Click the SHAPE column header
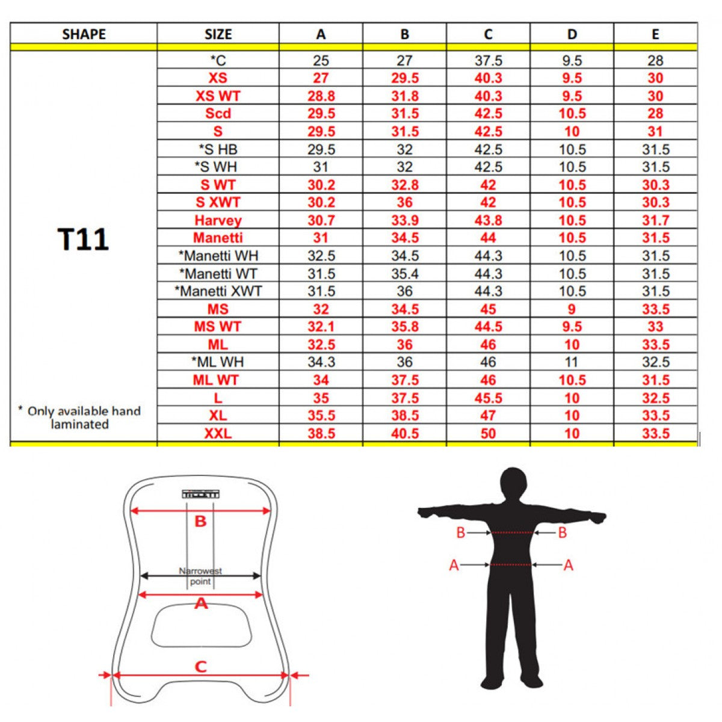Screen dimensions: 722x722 click(84, 34)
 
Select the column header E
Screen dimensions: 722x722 click(655, 34)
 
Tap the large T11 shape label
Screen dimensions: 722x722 click(84, 239)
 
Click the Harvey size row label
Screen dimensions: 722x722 click(218, 220)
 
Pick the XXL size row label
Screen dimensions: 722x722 click(218, 433)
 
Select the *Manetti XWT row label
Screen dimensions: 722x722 click(218, 291)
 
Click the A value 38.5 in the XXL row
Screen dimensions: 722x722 click(321, 433)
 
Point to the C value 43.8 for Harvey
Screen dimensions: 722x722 click(488, 220)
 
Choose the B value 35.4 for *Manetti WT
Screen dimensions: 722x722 click(404, 274)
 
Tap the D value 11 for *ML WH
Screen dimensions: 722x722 click(572, 362)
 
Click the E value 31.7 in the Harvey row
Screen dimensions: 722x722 click(655, 220)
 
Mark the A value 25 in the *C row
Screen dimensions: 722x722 click(321, 60)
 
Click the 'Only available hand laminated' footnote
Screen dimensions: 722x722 click(79, 418)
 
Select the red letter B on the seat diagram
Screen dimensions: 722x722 click(200, 522)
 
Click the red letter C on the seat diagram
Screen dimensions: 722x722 click(200, 666)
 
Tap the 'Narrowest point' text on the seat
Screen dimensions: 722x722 click(200, 576)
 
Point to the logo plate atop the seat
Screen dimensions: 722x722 click(200, 494)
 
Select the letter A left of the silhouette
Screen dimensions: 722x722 click(454, 565)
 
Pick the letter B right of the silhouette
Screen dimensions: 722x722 click(562, 532)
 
